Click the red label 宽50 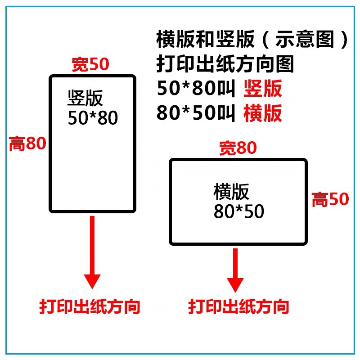point(90,65)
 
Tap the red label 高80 point(28,144)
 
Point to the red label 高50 point(330,199)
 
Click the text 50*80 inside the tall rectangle point(93,118)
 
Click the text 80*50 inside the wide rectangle point(238,212)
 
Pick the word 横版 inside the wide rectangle point(231,192)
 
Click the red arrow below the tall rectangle point(93,252)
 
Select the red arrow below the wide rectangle point(235,270)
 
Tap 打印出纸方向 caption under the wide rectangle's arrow point(238,307)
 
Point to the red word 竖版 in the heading point(263,89)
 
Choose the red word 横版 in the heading point(263,113)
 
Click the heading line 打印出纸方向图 point(225,64)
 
